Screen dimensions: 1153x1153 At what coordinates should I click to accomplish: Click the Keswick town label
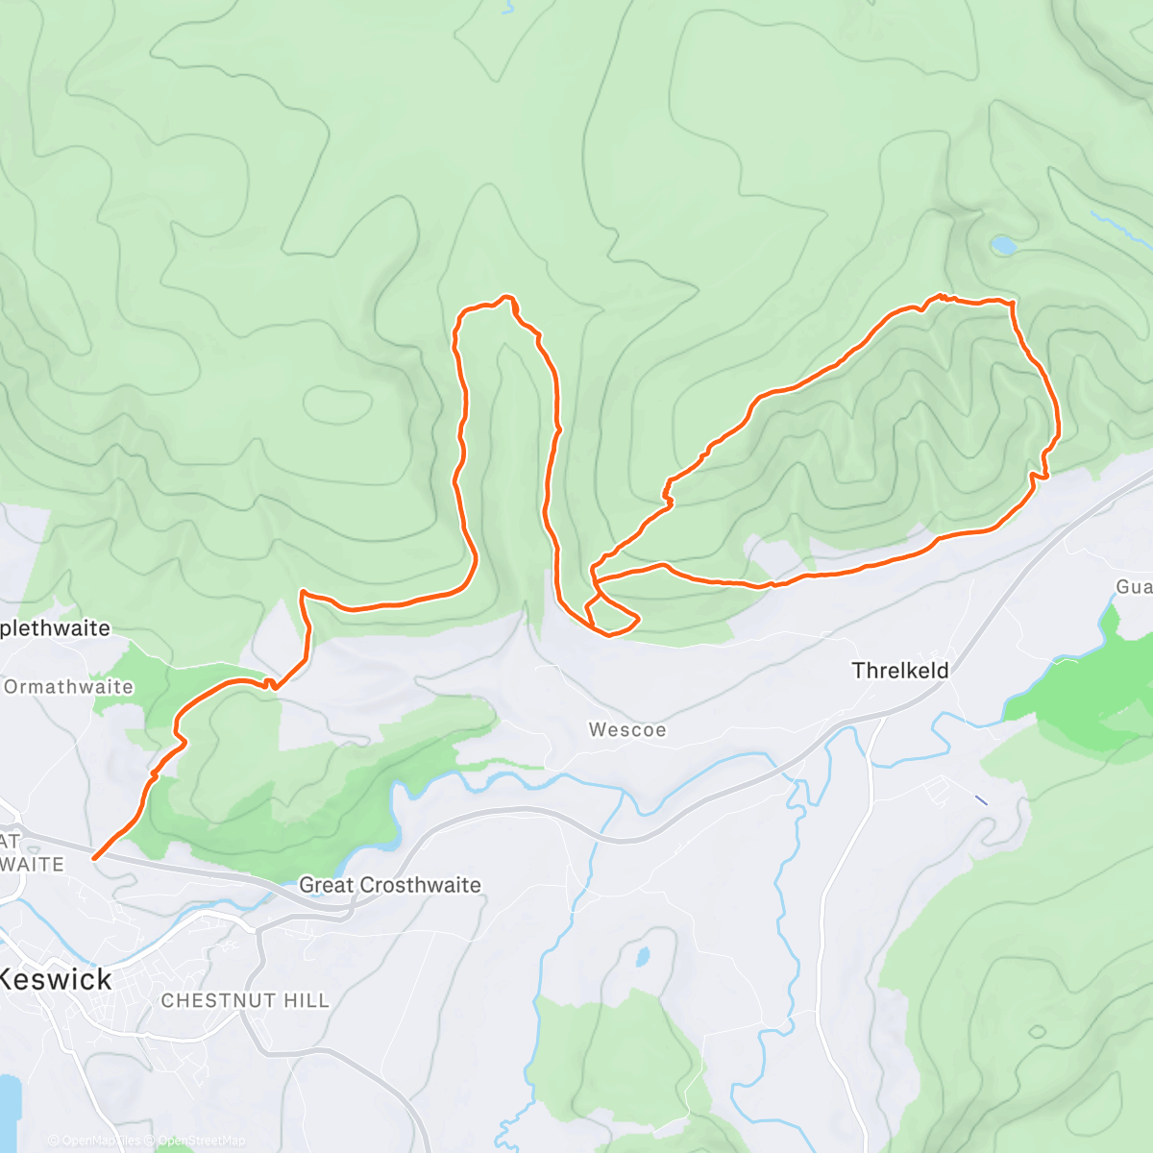(x=56, y=980)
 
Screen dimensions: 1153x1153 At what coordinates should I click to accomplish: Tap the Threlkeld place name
(x=900, y=671)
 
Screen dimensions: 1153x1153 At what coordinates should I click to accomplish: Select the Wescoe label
(x=627, y=730)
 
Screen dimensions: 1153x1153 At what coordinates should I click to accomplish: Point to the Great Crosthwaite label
(x=390, y=885)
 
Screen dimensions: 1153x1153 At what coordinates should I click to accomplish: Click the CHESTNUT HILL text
(x=245, y=1000)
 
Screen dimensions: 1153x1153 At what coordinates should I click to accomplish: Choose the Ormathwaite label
(x=68, y=687)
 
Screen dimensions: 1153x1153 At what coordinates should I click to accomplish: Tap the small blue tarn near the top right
(x=1003, y=246)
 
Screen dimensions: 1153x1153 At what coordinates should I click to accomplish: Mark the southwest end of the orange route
(x=94, y=857)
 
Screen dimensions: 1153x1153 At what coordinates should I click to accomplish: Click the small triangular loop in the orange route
(x=609, y=617)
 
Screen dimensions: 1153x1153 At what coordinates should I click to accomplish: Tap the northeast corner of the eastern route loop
(x=1011, y=303)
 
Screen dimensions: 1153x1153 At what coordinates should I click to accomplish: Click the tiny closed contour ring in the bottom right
(x=1037, y=1032)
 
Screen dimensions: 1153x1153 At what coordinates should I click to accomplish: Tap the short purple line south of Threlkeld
(x=980, y=798)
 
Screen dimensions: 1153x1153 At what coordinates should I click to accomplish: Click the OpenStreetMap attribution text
(x=201, y=1141)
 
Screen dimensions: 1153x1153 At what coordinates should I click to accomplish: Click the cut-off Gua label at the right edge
(x=1134, y=586)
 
